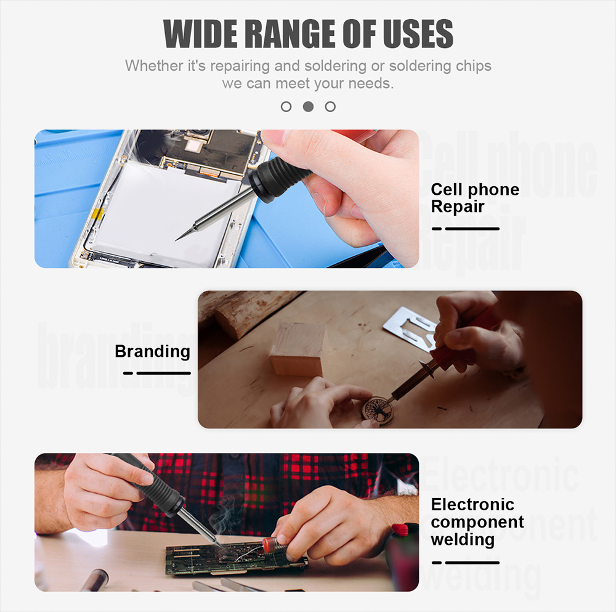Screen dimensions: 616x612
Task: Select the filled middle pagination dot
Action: click(308, 107)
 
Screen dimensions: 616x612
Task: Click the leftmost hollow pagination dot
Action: click(286, 107)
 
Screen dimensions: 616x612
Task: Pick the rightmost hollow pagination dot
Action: click(330, 107)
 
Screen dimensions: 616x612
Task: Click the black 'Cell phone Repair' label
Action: click(475, 198)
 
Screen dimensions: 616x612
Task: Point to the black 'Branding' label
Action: click(152, 351)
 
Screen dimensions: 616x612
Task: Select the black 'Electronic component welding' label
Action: click(477, 521)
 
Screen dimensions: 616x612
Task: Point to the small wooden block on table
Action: click(298, 349)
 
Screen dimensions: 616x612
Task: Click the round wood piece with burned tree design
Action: click(377, 412)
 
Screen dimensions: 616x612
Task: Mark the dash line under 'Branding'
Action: click(156, 373)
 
